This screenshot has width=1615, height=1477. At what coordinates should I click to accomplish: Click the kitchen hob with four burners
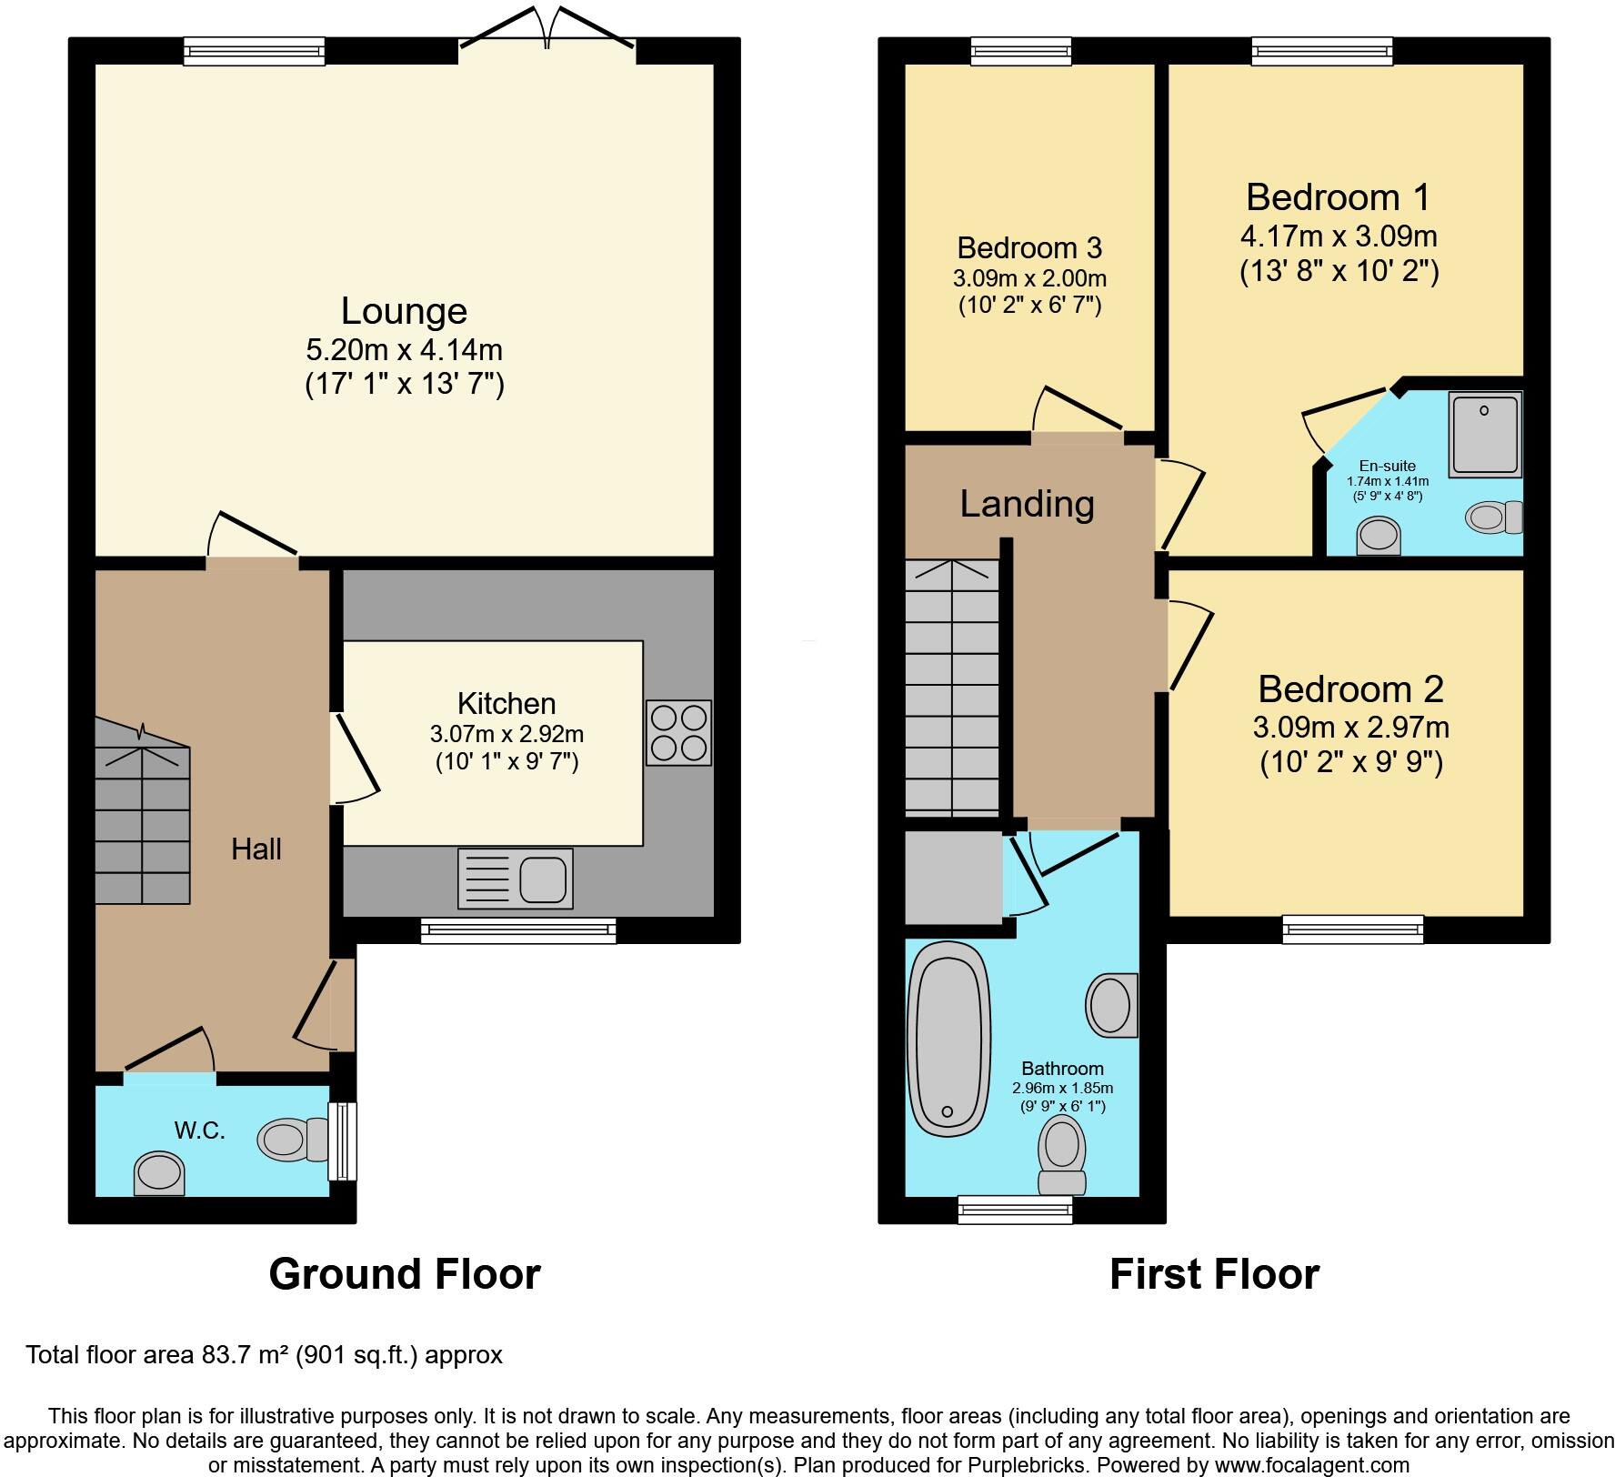click(678, 733)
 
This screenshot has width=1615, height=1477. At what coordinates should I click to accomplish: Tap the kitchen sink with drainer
click(516, 879)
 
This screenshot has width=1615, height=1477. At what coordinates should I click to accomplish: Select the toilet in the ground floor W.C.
click(293, 1140)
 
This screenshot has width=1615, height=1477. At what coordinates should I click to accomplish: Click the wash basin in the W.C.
click(159, 1174)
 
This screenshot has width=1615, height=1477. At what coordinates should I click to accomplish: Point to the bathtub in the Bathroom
click(948, 1039)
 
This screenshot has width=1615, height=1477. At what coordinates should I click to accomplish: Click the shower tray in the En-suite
click(1485, 434)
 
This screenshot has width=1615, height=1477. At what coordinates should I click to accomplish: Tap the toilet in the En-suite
click(1493, 517)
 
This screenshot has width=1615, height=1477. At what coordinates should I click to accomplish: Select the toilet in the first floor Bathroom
click(1062, 1154)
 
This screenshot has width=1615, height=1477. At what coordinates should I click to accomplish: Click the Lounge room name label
click(404, 311)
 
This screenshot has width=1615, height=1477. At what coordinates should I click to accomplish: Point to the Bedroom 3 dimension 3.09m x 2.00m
click(1029, 278)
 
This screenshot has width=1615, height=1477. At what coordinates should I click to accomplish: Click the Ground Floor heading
click(405, 1274)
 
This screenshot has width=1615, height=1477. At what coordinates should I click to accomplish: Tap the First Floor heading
click(1214, 1274)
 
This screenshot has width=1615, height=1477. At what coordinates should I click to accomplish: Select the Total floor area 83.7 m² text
click(264, 1355)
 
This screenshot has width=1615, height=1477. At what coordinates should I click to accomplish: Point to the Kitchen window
click(518, 929)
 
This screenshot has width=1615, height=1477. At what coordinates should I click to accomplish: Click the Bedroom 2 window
click(1353, 929)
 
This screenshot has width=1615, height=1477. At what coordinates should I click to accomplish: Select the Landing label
click(1027, 504)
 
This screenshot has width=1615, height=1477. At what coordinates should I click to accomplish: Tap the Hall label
click(256, 849)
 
